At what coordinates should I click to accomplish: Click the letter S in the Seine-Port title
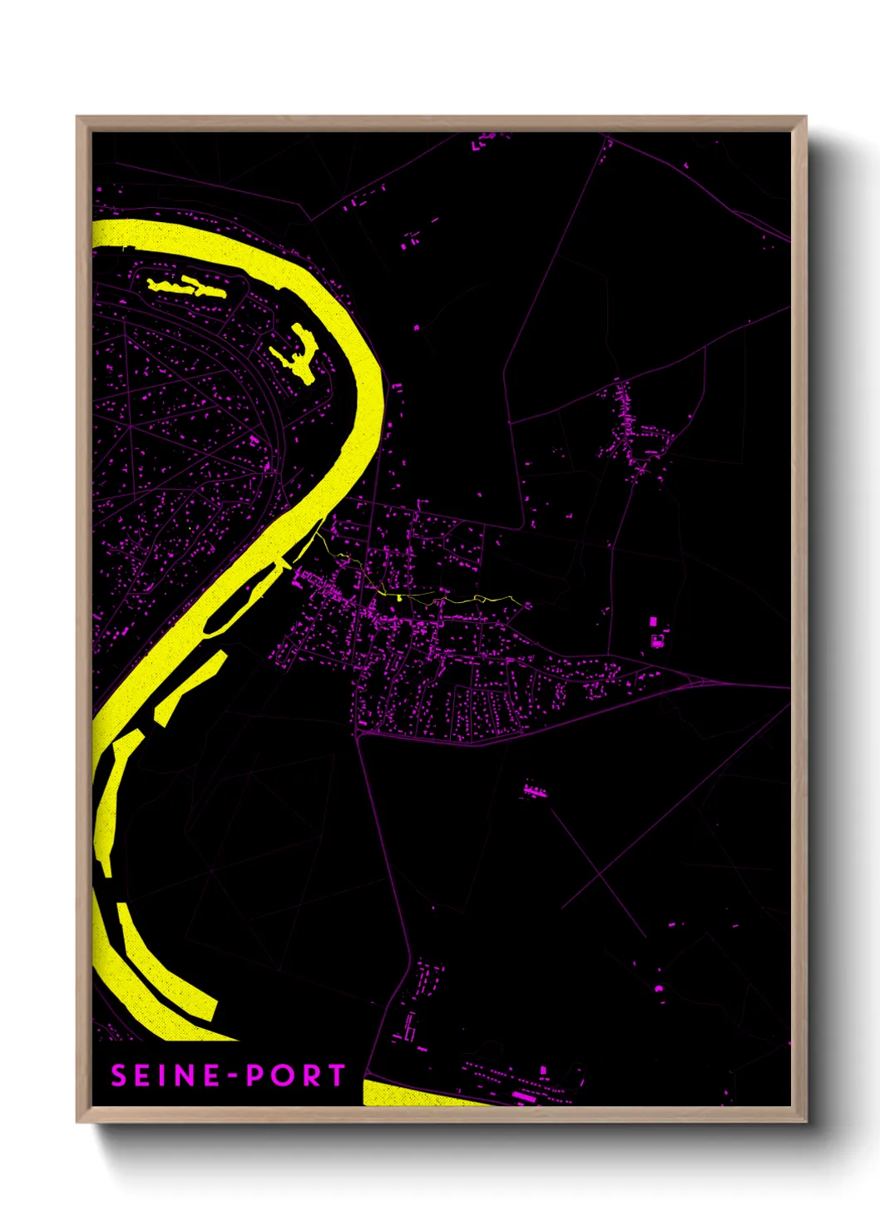tap(119, 1075)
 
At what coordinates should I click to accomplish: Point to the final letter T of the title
tap(336, 1075)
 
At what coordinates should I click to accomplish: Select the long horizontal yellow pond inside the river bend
tap(187, 288)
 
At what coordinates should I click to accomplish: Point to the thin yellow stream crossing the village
tap(416, 596)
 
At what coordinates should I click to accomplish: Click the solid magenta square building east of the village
tap(653, 621)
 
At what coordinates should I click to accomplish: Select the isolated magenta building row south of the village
tap(533, 790)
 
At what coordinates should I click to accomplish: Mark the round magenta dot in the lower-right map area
tap(659, 988)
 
